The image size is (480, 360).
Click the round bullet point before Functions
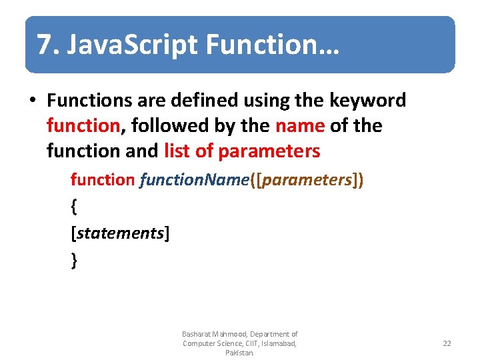32,101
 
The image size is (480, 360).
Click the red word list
177,151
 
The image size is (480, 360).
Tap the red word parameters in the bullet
269,151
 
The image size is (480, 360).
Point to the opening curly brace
73,207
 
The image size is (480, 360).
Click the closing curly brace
73,260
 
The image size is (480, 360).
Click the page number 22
447,343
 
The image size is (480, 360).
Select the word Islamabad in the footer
279,343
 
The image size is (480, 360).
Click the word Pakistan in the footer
239,353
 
